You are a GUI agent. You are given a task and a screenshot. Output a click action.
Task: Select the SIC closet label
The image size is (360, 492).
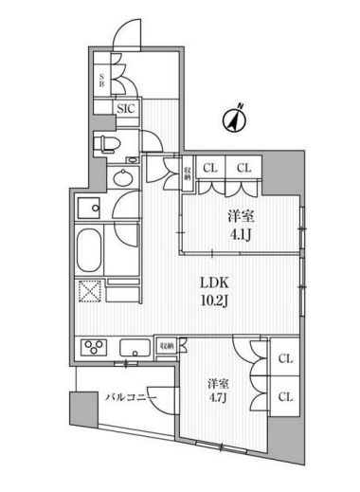(125, 109)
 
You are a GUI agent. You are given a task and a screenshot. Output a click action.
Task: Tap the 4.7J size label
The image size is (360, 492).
(219, 399)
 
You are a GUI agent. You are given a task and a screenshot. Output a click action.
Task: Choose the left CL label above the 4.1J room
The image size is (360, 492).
(210, 168)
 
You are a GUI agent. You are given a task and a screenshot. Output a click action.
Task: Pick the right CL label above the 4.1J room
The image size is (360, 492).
(243, 168)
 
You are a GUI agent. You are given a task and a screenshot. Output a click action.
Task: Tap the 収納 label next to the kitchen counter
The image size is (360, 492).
(166, 347)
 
